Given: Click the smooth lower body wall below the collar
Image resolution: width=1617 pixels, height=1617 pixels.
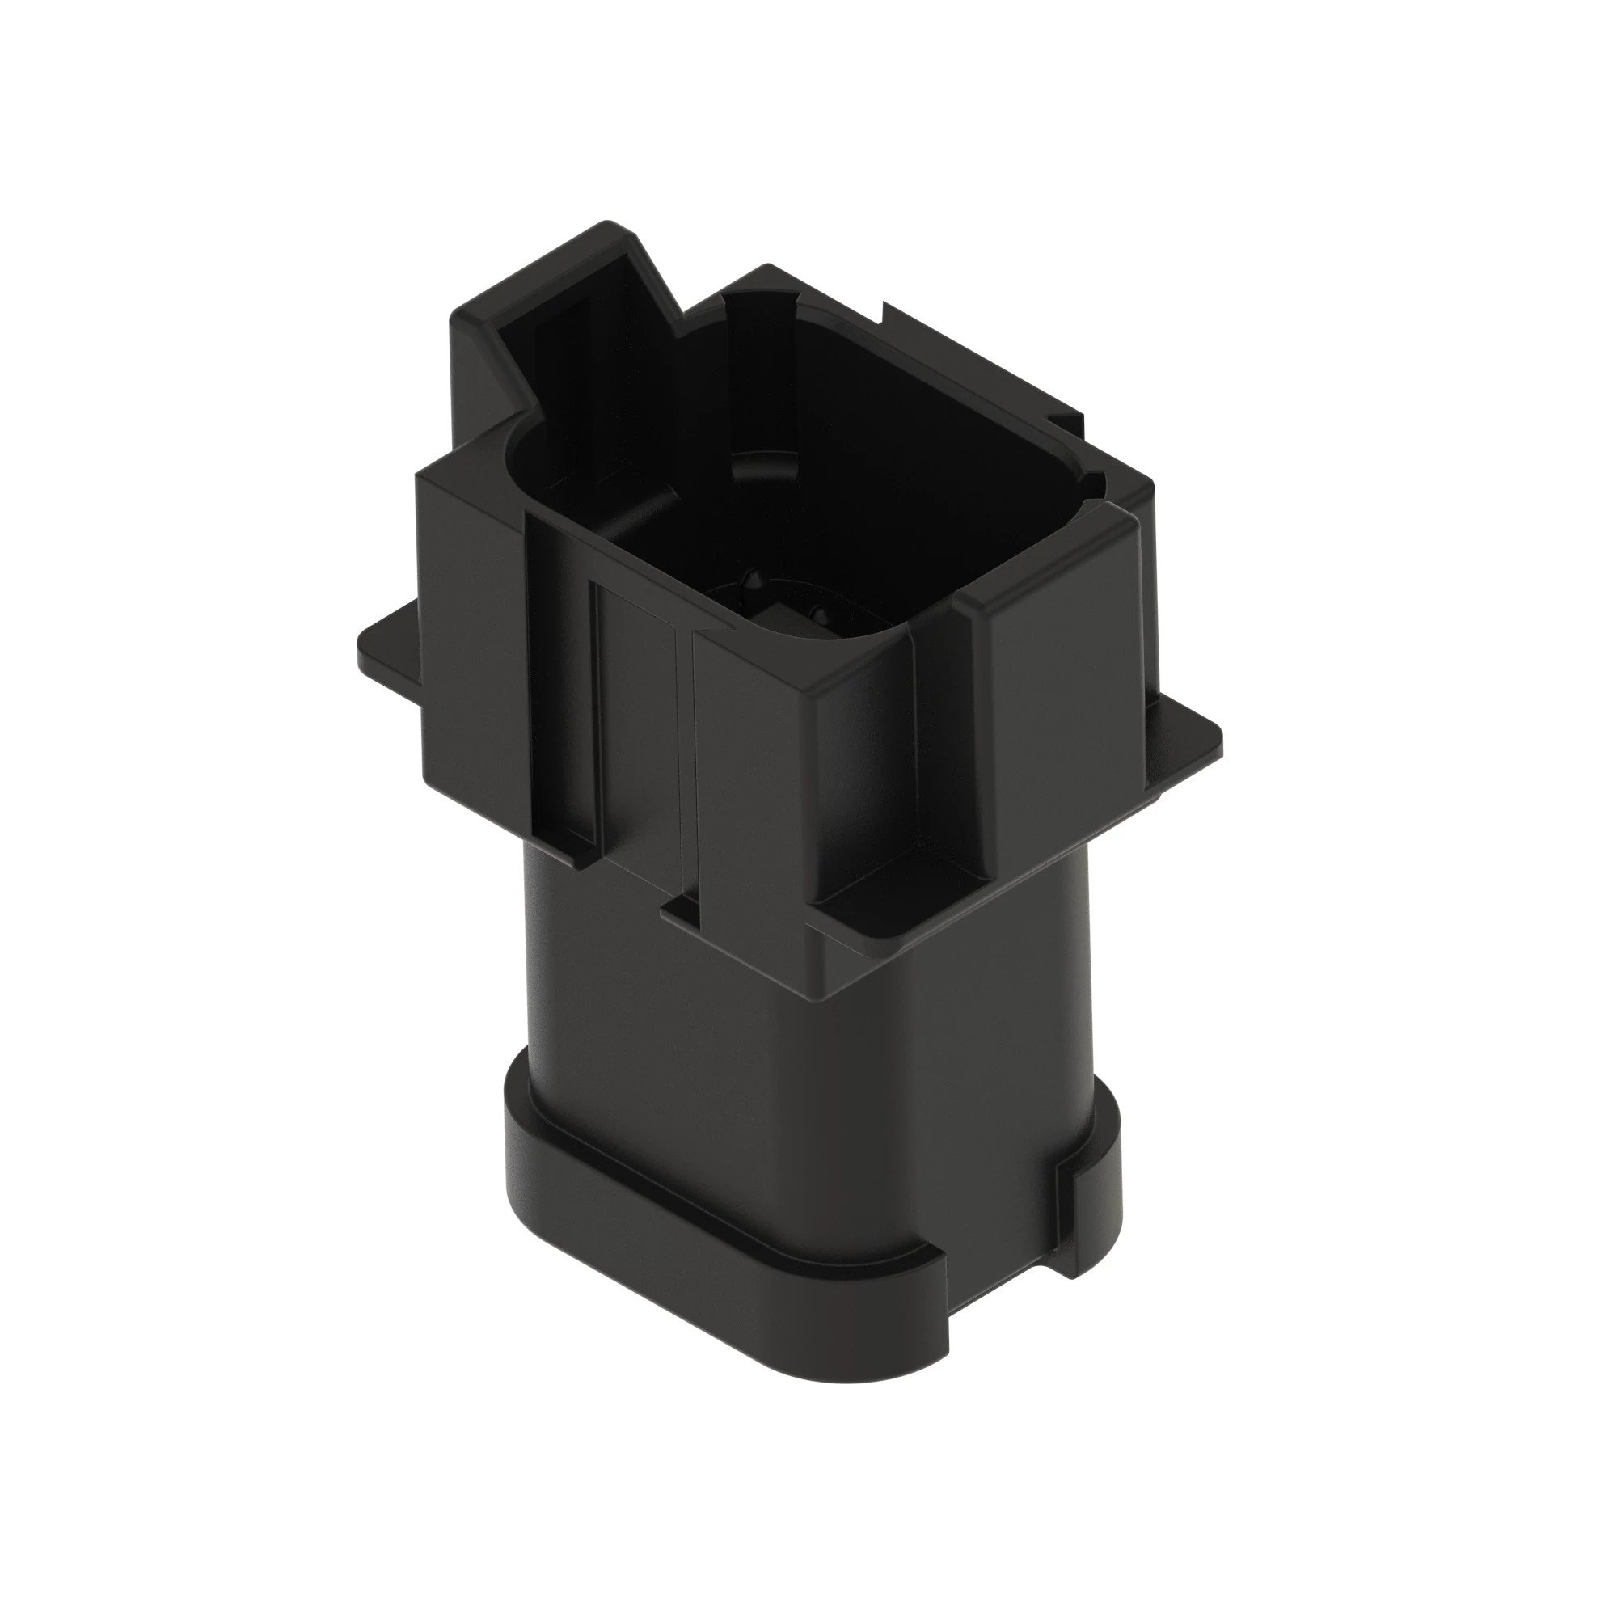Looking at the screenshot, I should click(754, 1046).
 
